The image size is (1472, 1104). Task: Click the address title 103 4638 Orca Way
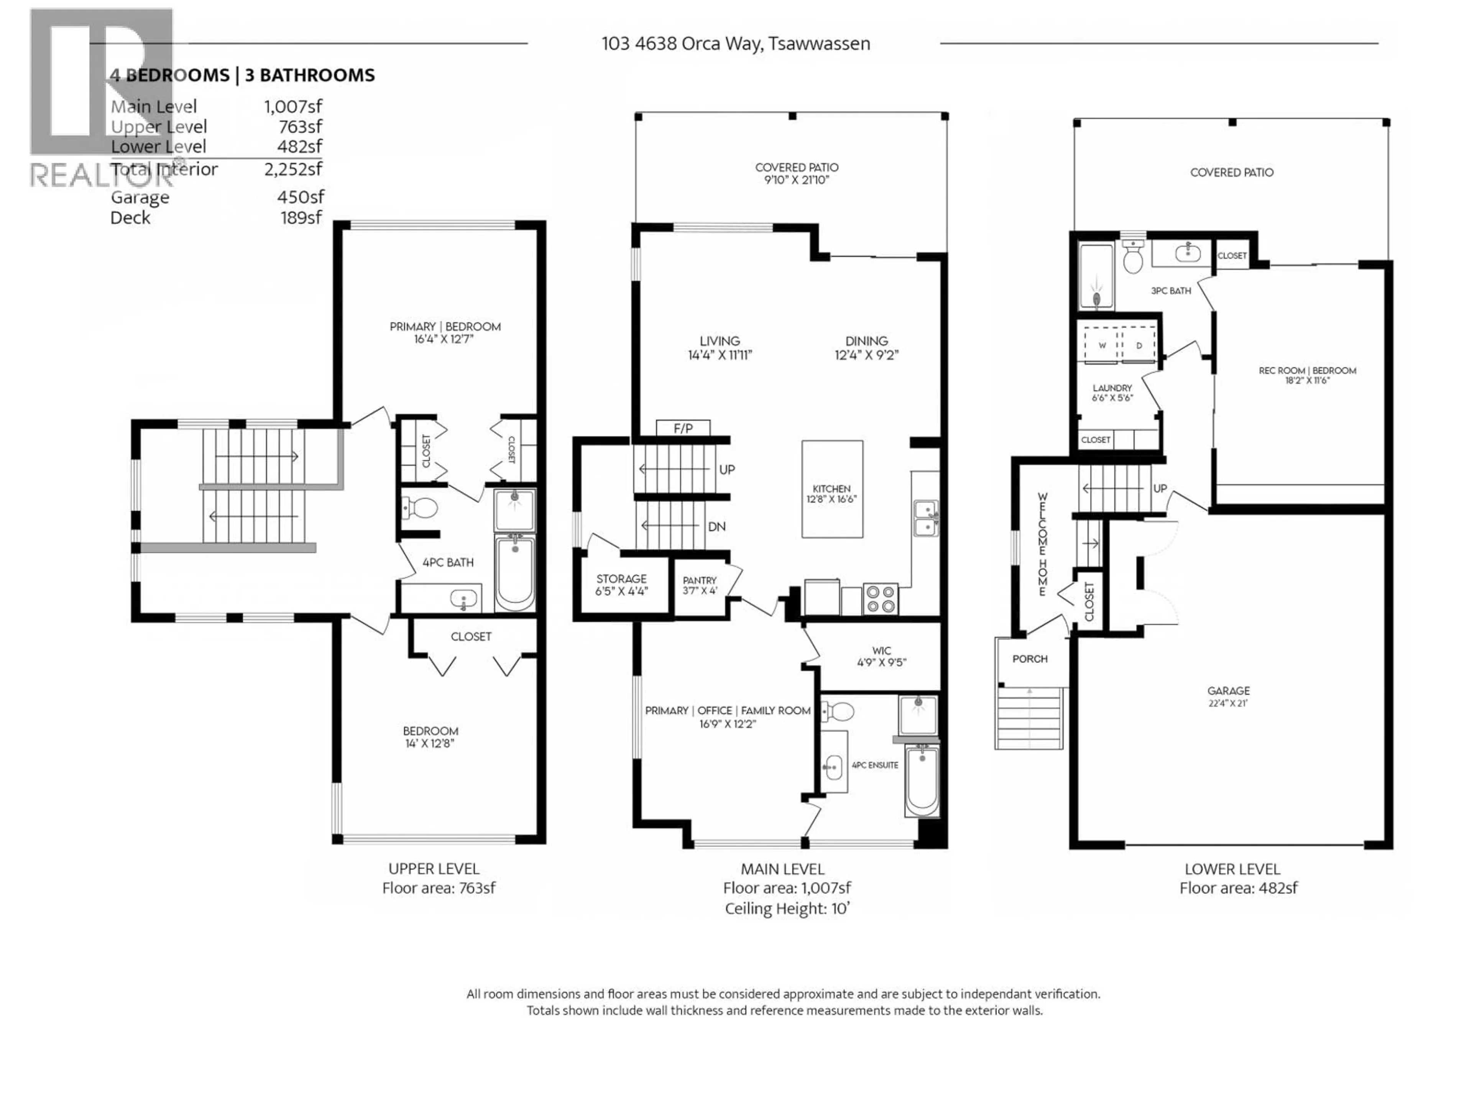pos(735,44)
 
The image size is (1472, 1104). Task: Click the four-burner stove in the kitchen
pos(881,599)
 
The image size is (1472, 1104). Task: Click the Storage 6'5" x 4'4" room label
pos(621,584)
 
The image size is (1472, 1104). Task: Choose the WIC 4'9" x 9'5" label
pos(881,656)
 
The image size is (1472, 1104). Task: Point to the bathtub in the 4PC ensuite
pos(922,780)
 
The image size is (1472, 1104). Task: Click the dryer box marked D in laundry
pos(1138,345)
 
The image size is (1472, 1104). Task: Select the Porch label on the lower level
pos(1030,659)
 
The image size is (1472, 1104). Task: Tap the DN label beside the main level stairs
pos(716,526)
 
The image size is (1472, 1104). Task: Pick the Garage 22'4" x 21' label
pos(1229,696)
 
